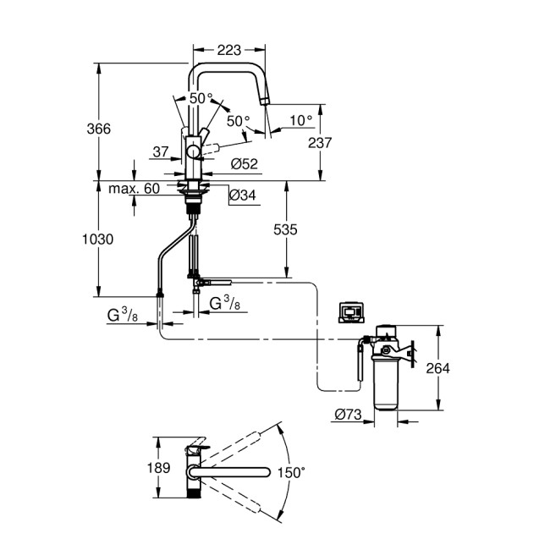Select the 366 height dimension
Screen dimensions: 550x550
(99, 128)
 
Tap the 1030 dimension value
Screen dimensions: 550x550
(97, 239)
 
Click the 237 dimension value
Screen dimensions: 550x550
(320, 143)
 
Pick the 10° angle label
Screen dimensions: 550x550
(300, 120)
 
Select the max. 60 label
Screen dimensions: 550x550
(134, 188)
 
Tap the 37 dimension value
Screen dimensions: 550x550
(161, 151)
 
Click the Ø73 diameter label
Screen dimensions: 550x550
(349, 415)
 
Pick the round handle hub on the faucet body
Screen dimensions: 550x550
(194, 151)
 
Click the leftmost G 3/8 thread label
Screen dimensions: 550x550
(123, 316)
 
